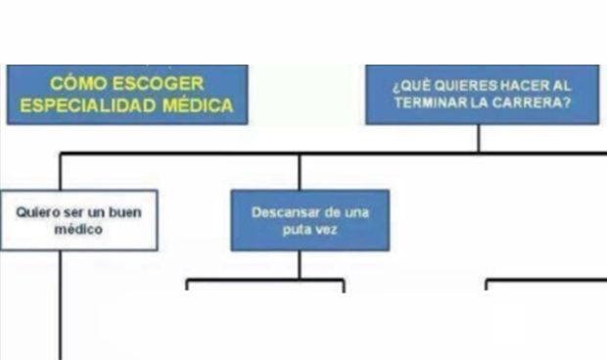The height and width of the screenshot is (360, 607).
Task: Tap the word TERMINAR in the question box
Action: pos(433,102)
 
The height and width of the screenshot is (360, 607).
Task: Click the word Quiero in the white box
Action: pos(37,211)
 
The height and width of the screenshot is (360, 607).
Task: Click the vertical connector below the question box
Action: pos(479,138)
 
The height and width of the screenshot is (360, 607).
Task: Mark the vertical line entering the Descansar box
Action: pos(300,171)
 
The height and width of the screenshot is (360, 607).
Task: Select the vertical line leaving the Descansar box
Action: pos(300,265)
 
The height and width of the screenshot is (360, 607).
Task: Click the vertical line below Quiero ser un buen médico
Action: pos(61,303)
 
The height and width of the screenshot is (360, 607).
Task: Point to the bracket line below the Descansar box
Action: pos(264,281)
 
